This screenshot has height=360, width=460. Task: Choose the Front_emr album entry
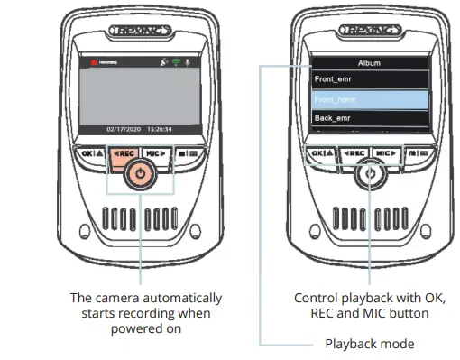pyautogui.click(x=334, y=79)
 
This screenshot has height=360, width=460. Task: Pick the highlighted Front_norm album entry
pyautogui.click(x=337, y=99)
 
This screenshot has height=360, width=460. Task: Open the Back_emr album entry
pyautogui.click(x=333, y=118)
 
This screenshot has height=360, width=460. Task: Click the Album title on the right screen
pyautogui.click(x=369, y=64)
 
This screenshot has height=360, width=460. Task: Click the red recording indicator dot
pyautogui.click(x=91, y=64)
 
